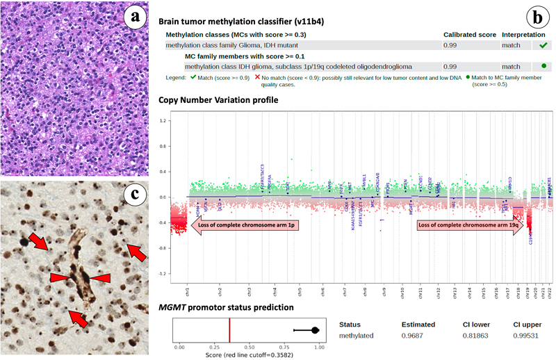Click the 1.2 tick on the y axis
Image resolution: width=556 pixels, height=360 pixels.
click(163, 120)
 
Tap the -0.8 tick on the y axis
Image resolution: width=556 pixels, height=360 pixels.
click(163, 247)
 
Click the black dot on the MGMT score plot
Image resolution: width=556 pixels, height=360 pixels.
click(315, 331)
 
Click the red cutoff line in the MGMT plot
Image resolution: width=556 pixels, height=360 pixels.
click(229, 330)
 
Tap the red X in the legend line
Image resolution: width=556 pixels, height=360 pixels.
click(257, 78)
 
